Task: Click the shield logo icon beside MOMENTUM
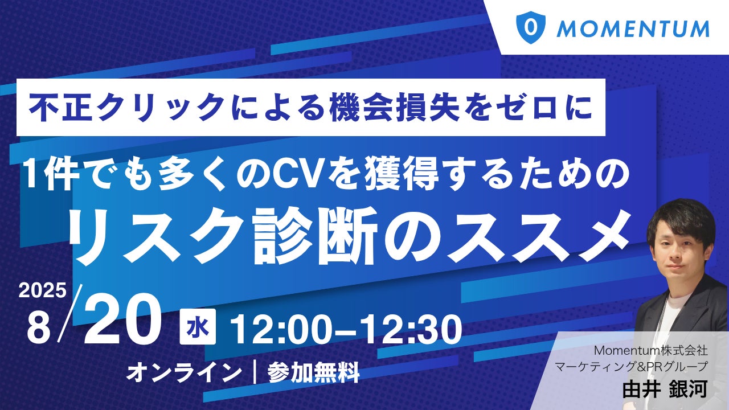(531, 27)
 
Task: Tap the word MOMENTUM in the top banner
(633, 28)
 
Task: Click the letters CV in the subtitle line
(297, 175)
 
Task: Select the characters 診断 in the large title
(315, 236)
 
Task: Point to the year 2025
(42, 290)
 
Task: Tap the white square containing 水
(198, 326)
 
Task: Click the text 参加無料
(314, 373)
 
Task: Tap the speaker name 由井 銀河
(665, 389)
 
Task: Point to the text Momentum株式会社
(651, 350)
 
